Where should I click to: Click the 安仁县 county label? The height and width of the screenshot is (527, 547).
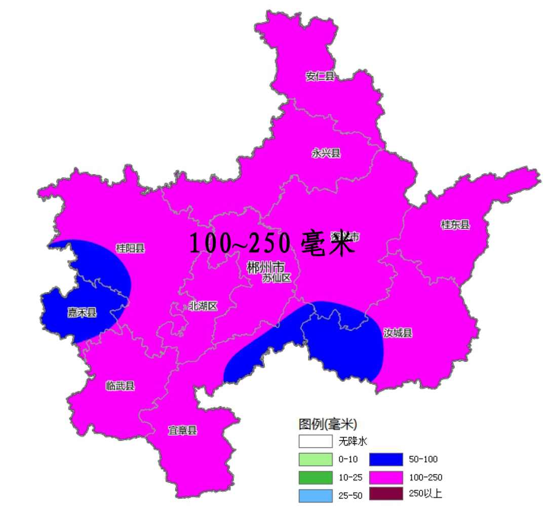[320, 76]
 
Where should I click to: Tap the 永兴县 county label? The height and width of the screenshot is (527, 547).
[326, 153]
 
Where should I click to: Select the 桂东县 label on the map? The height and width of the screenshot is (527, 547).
[455, 225]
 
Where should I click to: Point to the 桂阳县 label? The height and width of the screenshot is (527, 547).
[130, 248]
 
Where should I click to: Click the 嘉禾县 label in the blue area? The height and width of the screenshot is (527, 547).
[82, 312]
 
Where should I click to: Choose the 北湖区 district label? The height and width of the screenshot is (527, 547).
[203, 306]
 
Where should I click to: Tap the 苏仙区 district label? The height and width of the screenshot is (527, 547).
[277, 277]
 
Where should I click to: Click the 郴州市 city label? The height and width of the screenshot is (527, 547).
[265, 266]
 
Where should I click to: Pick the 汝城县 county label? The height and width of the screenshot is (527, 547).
[398, 333]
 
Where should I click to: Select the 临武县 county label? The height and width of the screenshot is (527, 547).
[121, 386]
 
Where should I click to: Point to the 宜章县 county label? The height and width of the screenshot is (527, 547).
[182, 431]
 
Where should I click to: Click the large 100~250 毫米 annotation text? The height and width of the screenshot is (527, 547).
[271, 243]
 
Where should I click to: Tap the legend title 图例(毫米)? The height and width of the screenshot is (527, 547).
[328, 423]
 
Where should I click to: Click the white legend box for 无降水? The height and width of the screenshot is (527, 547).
[315, 441]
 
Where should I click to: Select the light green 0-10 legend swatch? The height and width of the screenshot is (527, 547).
[315, 459]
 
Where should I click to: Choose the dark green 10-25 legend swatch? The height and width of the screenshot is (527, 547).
[315, 477]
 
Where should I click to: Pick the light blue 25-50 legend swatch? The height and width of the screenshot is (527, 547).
[315, 495]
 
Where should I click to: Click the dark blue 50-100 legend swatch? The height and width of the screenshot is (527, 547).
[386, 459]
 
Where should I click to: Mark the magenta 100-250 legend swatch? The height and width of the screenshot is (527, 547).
[386, 477]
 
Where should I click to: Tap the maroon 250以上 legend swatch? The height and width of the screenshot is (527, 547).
[386, 494]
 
